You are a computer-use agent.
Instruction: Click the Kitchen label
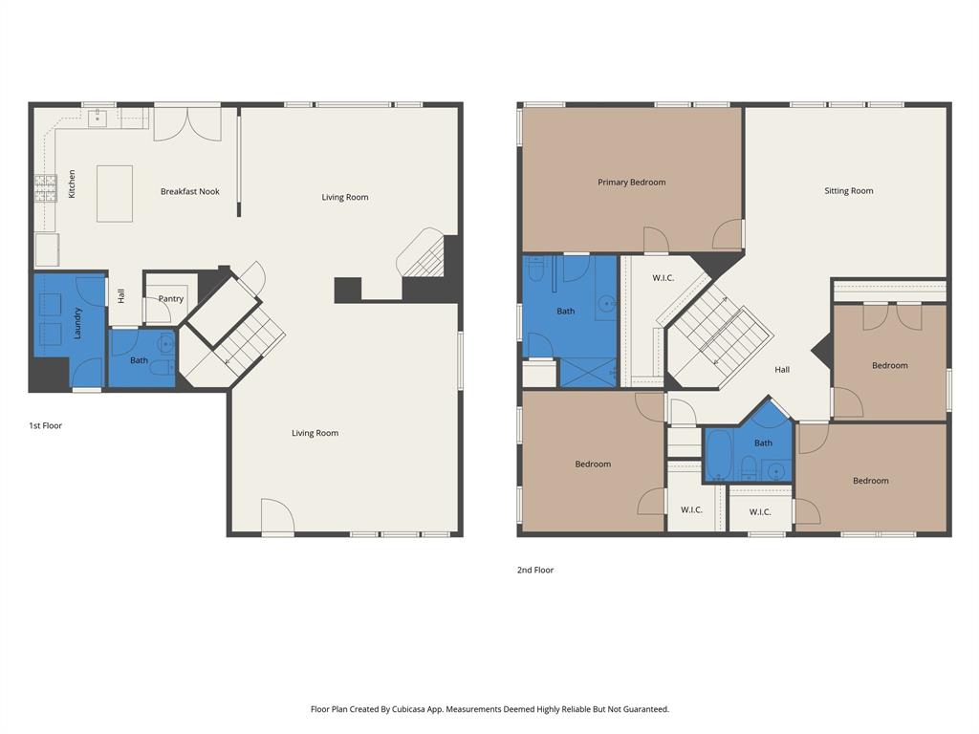pos(72,184)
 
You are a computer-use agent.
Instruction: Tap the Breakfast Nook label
pos(189,192)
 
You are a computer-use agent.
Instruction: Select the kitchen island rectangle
pos(114,193)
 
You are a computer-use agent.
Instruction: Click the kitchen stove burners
pos(45,188)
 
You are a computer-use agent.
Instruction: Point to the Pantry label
pos(171,299)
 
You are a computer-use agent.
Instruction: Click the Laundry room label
pos(77,322)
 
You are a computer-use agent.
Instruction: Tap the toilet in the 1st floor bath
pos(162,367)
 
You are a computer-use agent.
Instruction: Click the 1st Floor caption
pos(45,426)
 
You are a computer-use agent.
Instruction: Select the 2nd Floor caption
pos(534,571)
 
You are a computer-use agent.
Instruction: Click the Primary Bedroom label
pos(631,183)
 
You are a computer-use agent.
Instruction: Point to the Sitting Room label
pos(848,191)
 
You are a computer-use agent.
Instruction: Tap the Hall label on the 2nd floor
pos(782,370)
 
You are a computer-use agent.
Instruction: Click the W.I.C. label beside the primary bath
pos(664,278)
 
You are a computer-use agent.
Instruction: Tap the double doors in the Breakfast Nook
pos(187,123)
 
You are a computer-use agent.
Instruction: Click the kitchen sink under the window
pos(97,119)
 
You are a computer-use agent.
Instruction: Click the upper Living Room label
pos(344,198)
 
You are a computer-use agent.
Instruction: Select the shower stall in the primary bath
pos(587,371)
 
